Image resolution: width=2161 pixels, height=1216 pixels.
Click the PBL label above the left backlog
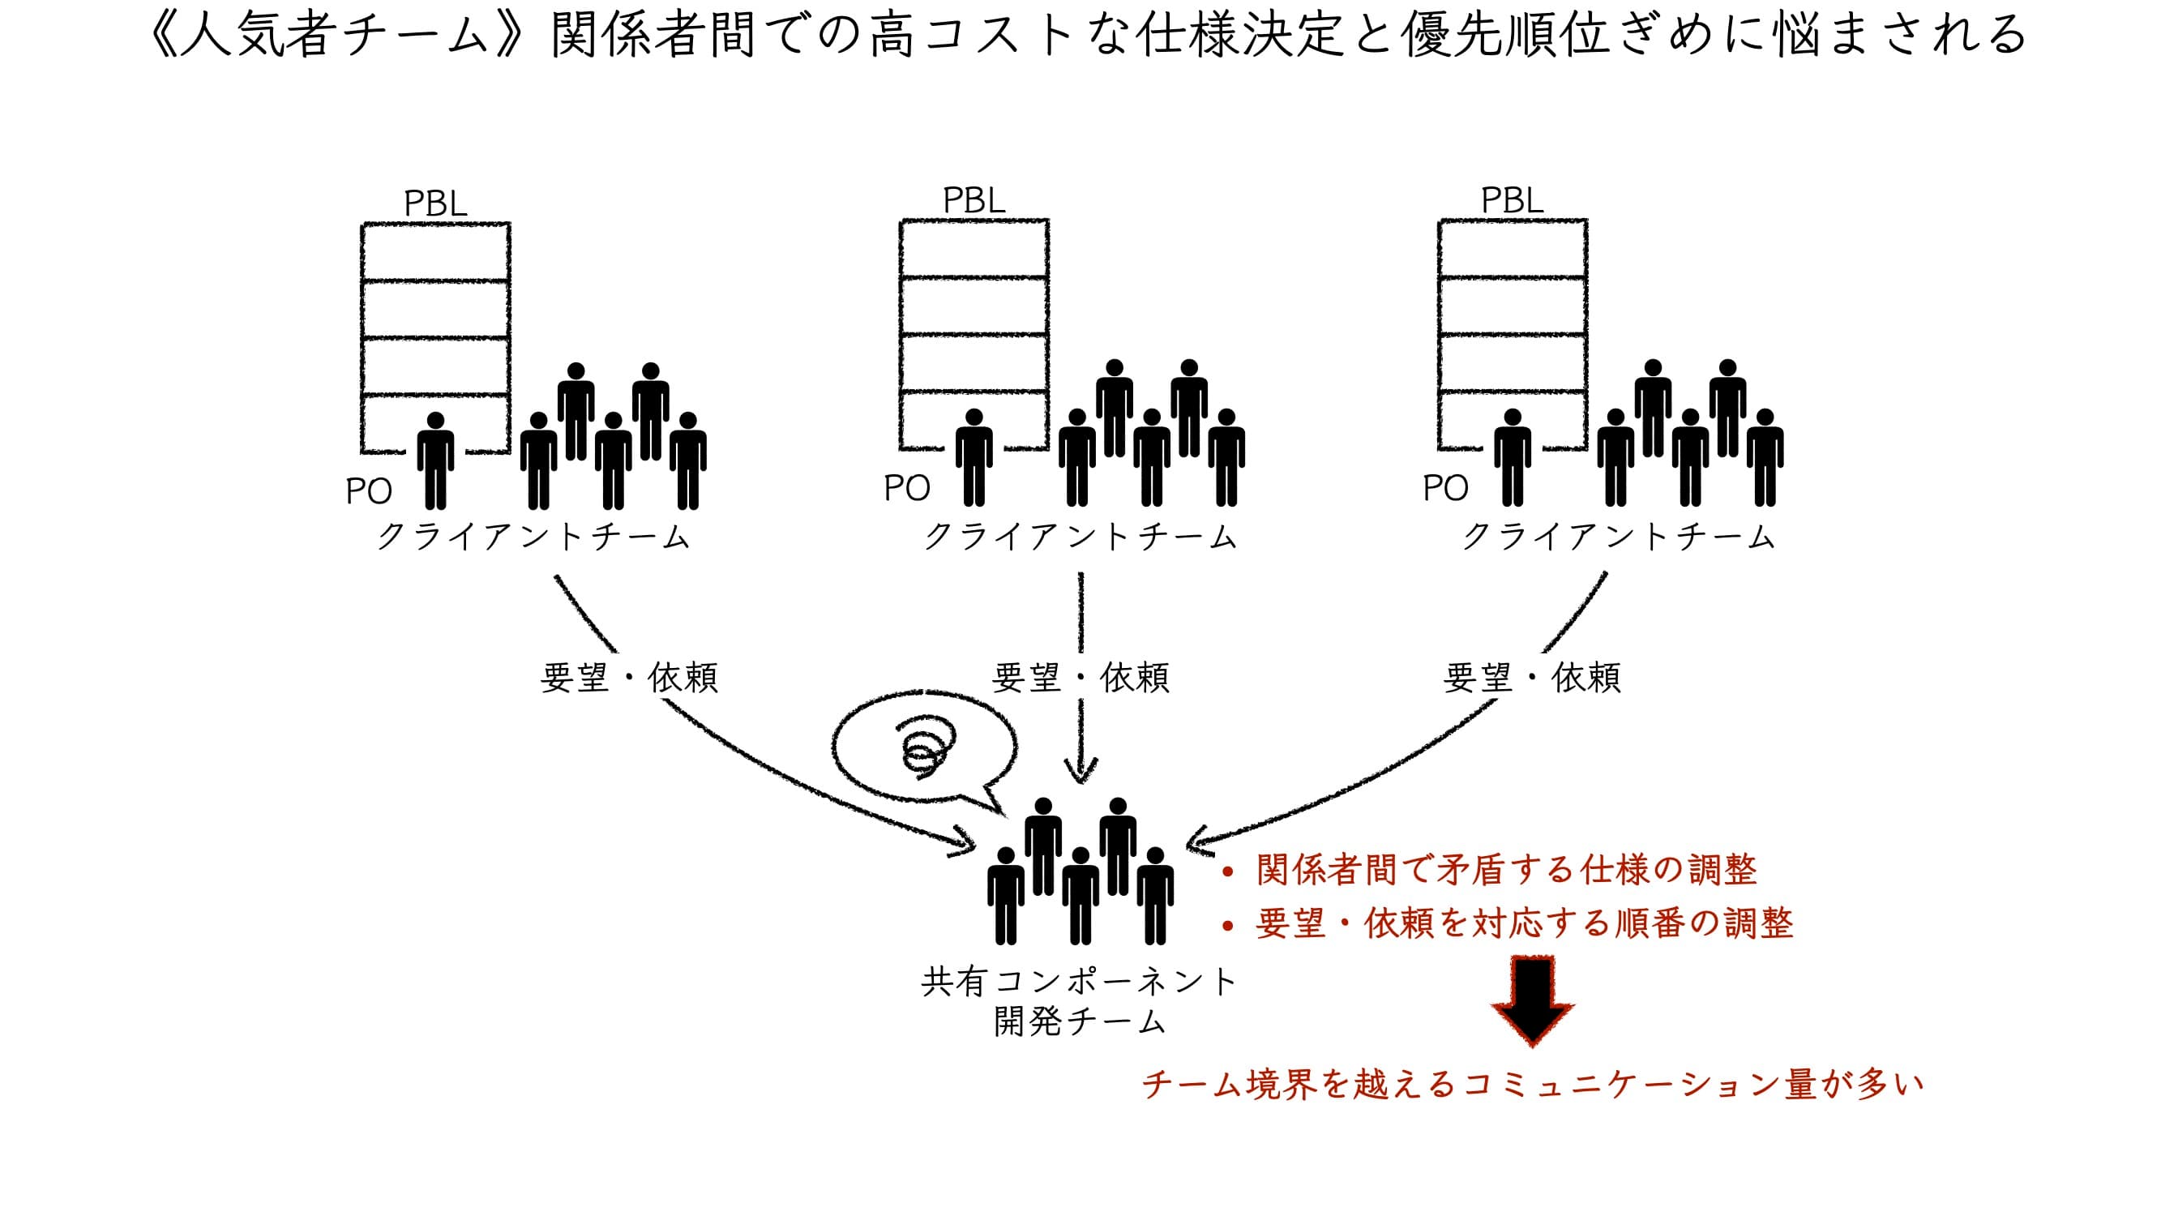coord(434,204)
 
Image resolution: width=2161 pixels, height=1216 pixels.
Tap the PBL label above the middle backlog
coord(974,200)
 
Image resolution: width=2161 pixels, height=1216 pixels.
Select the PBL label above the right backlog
coord(1512,200)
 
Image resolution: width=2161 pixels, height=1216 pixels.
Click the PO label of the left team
coord(368,492)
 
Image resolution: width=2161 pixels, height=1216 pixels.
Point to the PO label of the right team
coord(1444,488)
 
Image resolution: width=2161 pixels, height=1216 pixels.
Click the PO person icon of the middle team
coord(974,457)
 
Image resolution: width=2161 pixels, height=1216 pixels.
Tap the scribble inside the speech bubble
coord(925,743)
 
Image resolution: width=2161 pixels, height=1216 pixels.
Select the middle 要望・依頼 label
coord(1080,677)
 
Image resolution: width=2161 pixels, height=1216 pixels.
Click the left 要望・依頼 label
coord(629,677)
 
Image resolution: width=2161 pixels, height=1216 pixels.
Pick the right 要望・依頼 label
coord(1531,677)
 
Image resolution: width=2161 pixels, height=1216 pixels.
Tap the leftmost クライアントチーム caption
coord(533,536)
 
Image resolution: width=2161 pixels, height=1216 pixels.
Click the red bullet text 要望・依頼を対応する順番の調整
coord(1523,923)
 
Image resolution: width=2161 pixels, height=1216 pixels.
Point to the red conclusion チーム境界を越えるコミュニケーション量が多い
coord(1532,1084)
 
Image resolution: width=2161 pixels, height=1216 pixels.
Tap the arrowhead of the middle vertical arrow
coord(1080,770)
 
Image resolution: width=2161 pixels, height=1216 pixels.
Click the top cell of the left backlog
coord(435,252)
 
